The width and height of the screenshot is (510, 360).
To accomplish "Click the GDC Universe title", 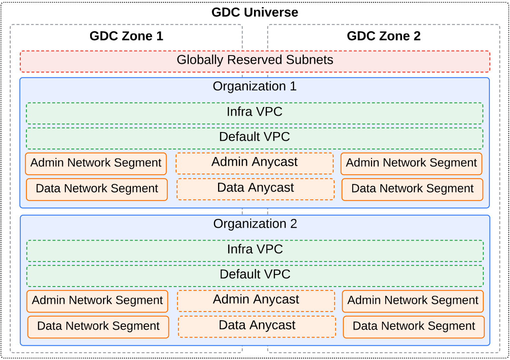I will pyautogui.click(x=255, y=12).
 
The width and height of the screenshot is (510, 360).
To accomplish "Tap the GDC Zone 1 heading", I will pyautogui.click(x=126, y=36).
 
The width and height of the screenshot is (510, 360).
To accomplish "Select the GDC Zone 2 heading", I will pyautogui.click(x=384, y=36).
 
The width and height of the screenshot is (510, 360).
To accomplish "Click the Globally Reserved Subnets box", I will pyautogui.click(x=255, y=61).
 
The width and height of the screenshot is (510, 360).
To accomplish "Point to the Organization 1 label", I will pyautogui.click(x=255, y=86).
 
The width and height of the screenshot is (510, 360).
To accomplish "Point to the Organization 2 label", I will pyautogui.click(x=255, y=224).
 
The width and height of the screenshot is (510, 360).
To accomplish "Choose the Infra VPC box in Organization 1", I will pyautogui.click(x=255, y=113).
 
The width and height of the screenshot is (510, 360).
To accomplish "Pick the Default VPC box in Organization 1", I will pyautogui.click(x=255, y=138).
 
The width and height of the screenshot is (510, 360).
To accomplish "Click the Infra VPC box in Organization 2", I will pyautogui.click(x=255, y=251).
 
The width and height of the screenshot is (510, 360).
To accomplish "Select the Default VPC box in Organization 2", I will pyautogui.click(x=255, y=276).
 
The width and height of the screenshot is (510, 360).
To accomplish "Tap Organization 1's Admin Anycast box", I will pyautogui.click(x=255, y=163).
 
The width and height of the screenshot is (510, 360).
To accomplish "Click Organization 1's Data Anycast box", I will pyautogui.click(x=256, y=189).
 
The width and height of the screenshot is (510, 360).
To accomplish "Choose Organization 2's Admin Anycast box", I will pyautogui.click(x=256, y=301).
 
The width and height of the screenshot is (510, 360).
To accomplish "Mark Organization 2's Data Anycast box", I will pyautogui.click(x=257, y=326).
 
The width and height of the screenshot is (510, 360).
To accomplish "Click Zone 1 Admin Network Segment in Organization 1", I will pyautogui.click(x=96, y=163).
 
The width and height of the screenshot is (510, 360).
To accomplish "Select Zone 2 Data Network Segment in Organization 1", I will pyautogui.click(x=412, y=189).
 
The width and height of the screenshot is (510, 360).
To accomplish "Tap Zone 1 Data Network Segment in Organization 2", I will pyautogui.click(x=98, y=327).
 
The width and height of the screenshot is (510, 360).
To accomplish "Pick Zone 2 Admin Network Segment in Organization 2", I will pyautogui.click(x=413, y=301).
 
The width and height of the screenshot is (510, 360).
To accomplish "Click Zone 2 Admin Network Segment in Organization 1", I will pyautogui.click(x=411, y=163).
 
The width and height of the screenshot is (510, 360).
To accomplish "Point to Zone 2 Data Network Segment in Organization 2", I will pyautogui.click(x=414, y=327).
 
